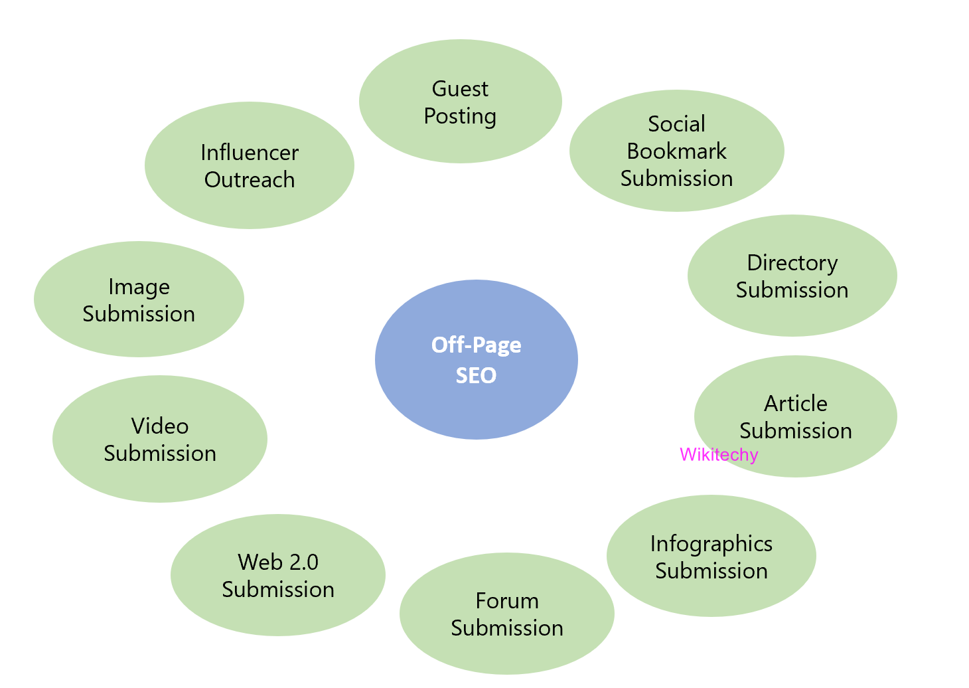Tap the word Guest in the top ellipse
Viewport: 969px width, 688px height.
coord(460,89)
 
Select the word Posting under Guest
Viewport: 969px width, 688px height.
coord(460,116)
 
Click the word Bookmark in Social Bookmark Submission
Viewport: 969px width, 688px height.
coord(676,151)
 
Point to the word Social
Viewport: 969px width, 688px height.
coord(676,124)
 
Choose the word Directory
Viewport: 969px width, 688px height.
coord(792,263)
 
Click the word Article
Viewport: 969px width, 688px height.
coord(795,404)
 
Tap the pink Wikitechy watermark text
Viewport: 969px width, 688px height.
coord(719,455)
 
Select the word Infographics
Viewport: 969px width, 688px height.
coord(711,544)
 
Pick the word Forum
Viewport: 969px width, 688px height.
coord(507,601)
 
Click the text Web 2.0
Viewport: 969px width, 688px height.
coord(278,562)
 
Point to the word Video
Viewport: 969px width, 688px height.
coord(160,426)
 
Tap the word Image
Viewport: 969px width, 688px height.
coord(139,287)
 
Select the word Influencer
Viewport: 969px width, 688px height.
coord(250,153)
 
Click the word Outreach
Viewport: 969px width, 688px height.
coord(250,180)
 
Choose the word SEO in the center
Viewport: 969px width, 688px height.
coord(476,376)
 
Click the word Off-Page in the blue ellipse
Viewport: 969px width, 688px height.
coord(476,345)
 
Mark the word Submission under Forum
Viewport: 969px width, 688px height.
coord(507,628)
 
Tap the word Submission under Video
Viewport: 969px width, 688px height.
coord(160,454)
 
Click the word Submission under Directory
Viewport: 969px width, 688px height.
coord(792,290)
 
